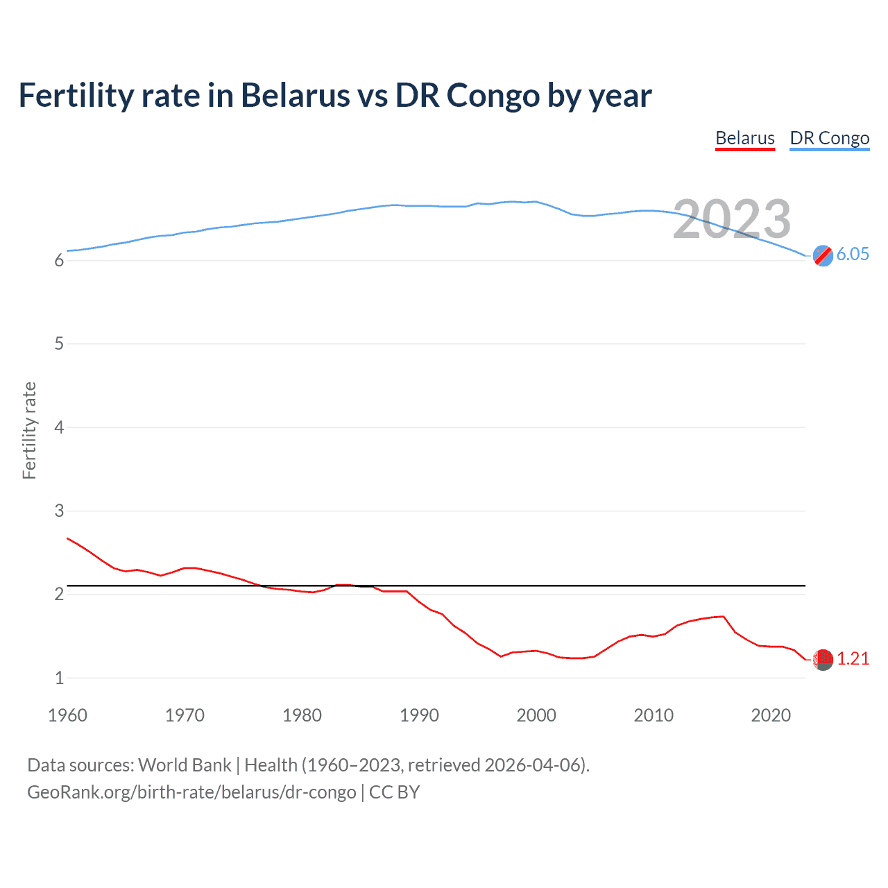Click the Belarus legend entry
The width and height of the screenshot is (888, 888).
coord(744,138)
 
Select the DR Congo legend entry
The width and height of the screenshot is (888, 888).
coord(829,138)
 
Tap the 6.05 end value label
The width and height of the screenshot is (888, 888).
coord(853,254)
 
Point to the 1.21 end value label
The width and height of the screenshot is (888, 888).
coord(853,658)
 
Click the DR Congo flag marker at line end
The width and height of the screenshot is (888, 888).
coord(823,255)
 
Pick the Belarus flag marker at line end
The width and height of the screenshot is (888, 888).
coord(823,660)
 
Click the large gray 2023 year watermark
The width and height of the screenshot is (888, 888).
coord(731,219)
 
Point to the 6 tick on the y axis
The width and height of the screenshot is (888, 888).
coord(59,261)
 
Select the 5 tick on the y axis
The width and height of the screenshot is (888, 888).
coord(59,344)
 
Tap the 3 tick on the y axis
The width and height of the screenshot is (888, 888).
coord(59,511)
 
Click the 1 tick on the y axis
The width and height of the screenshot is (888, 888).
coord(59,678)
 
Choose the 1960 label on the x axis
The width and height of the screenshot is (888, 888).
coord(67,715)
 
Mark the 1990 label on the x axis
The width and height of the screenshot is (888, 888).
coord(419,715)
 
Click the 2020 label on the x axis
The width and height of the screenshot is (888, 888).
coord(771,715)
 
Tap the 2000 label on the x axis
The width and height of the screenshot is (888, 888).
coord(536,715)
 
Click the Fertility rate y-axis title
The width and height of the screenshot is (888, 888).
coord(29,430)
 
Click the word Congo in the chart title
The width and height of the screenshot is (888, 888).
coord(493,96)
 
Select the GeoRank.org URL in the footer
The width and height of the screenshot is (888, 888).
coord(191,792)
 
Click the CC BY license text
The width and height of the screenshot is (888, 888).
coord(394,792)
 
